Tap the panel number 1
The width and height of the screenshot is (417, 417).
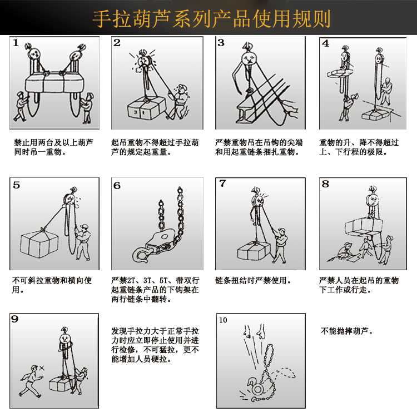click(16, 42)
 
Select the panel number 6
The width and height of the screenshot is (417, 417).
click(117, 186)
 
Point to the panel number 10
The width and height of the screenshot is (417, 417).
click(223, 320)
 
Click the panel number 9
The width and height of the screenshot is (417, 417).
click(15, 319)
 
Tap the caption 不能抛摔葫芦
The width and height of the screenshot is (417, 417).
click(346, 331)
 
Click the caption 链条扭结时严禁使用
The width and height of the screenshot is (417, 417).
click(253, 280)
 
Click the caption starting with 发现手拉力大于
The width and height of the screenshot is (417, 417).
click(155, 345)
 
